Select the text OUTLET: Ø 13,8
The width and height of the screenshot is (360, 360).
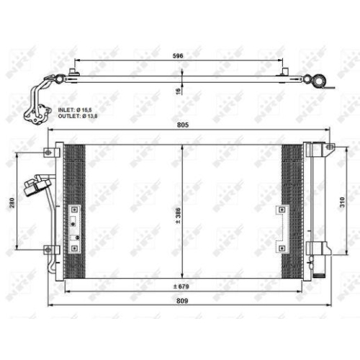pyautogui.click(x=78, y=115)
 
